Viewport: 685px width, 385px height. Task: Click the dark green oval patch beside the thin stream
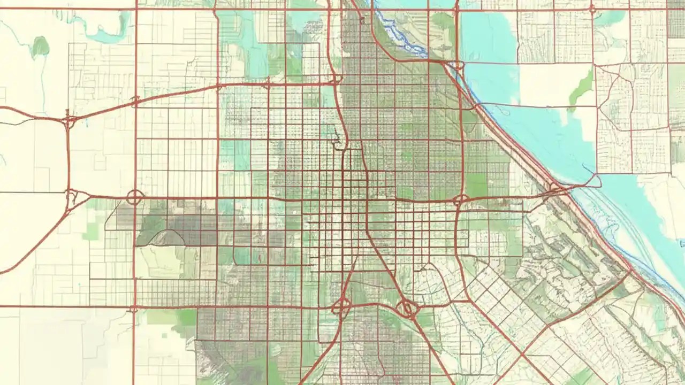click(x=40, y=47)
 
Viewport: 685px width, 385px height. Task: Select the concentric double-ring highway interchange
click(x=407, y=308)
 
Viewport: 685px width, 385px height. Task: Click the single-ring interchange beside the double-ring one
click(x=341, y=307)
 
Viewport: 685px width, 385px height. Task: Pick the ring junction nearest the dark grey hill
click(x=134, y=198)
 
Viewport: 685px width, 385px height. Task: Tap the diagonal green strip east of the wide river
click(x=582, y=89)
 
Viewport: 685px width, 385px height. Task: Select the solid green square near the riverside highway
click(x=476, y=184)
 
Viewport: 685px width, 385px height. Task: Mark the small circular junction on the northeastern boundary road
click(x=592, y=9)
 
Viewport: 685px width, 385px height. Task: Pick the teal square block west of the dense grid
click(x=234, y=155)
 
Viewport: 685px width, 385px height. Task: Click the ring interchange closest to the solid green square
click(x=460, y=201)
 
